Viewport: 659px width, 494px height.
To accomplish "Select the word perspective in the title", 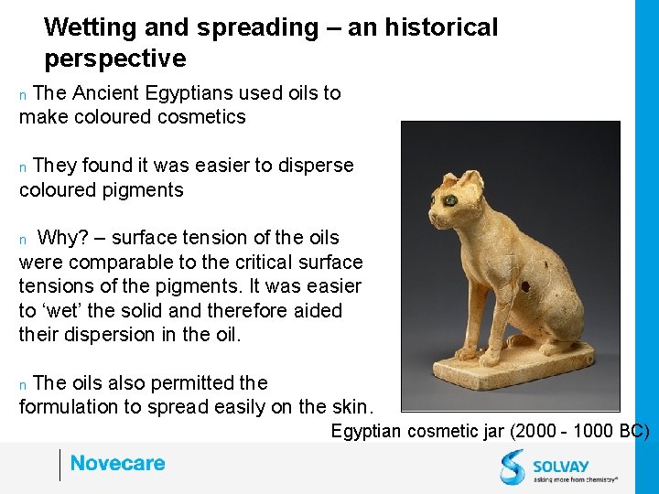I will (114, 59).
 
